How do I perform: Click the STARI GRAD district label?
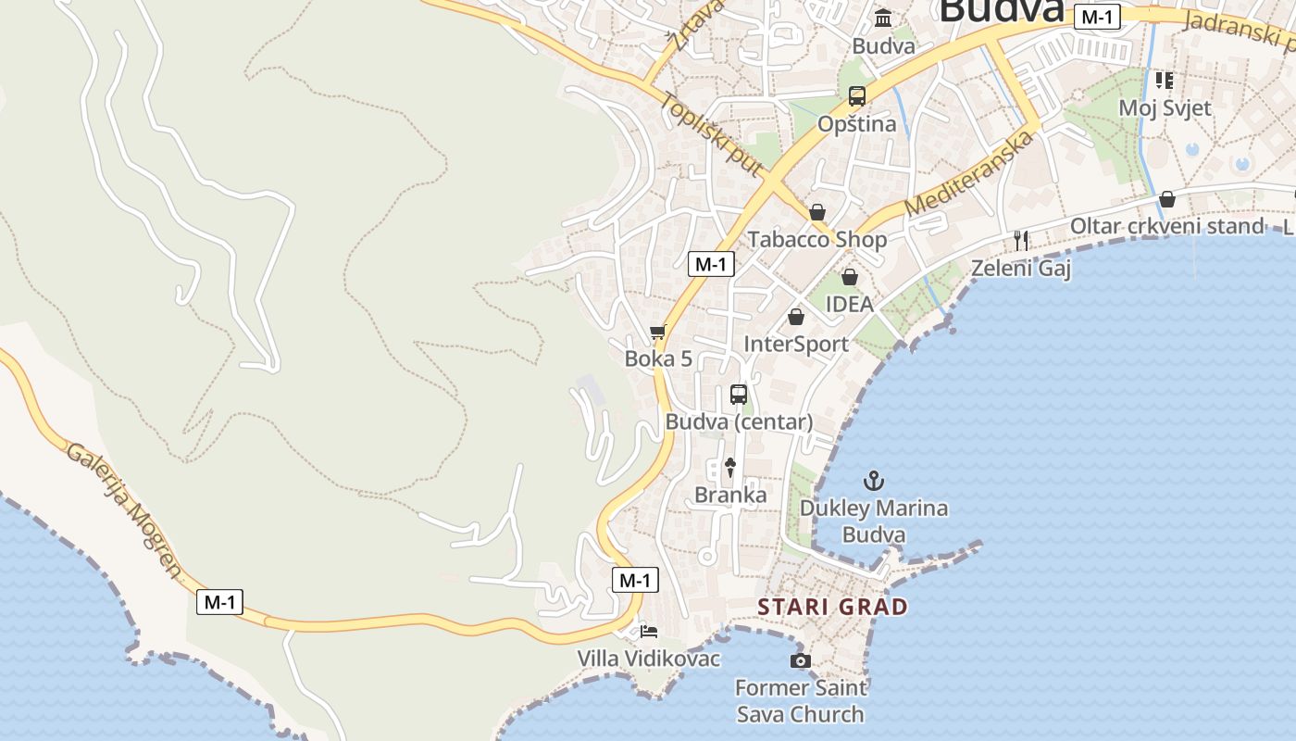(x=832, y=607)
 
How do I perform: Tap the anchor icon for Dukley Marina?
(x=873, y=481)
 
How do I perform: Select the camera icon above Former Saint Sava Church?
(x=801, y=660)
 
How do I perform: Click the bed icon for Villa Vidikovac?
(x=650, y=632)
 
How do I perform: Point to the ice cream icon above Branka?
(x=730, y=468)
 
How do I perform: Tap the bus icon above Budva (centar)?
(x=739, y=395)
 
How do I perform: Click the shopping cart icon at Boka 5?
(x=658, y=332)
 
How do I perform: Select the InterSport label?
(x=796, y=344)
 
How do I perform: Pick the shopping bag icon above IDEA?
(x=849, y=277)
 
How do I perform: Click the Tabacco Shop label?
(x=817, y=239)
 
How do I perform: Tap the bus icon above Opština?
(x=857, y=95)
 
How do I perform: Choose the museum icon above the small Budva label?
(x=883, y=19)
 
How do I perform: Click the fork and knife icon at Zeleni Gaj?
(x=1021, y=241)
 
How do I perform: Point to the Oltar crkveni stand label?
(x=1166, y=226)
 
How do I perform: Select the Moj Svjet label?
(x=1165, y=107)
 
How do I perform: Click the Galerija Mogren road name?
(x=124, y=508)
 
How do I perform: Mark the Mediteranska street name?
(x=968, y=173)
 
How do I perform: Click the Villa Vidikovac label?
(x=649, y=658)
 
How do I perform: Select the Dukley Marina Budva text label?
(x=874, y=521)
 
